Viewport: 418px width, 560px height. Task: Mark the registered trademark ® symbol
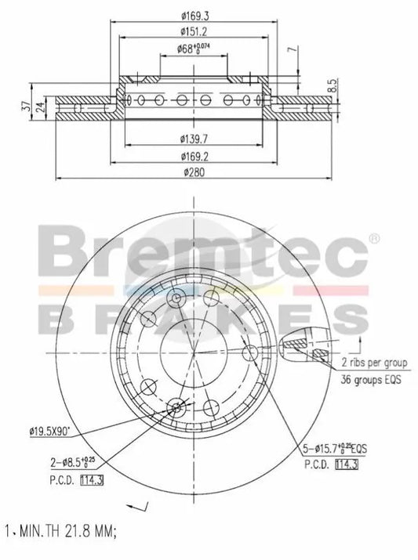click(376, 237)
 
